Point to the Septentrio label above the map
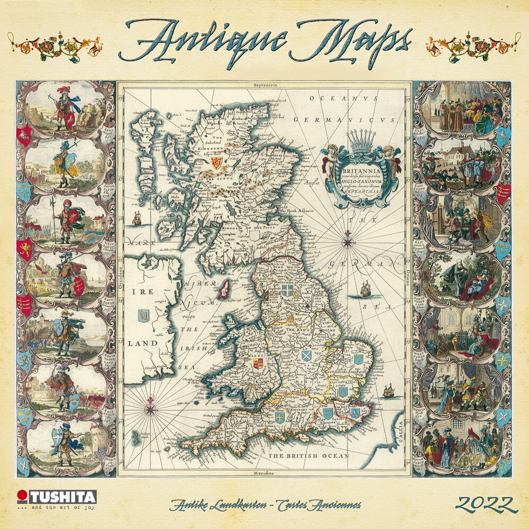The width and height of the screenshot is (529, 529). coord(265,85)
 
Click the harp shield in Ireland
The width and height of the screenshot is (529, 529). coord(142,317)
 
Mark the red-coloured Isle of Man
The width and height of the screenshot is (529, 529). coord(224,289)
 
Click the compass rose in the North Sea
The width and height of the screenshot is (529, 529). coord(348,243)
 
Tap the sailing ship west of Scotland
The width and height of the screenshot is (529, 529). coord(137,217)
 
